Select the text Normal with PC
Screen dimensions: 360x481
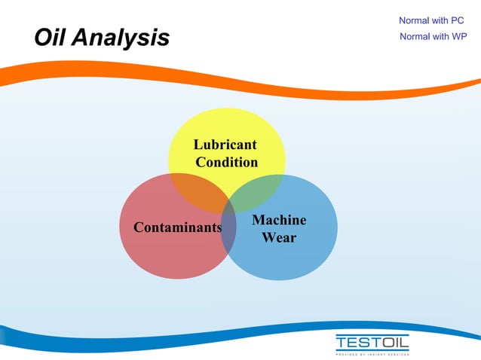[431, 20]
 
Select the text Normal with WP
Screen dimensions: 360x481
[433, 36]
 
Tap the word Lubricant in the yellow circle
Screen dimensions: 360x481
[225, 145]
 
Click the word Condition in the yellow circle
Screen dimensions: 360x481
[226, 162]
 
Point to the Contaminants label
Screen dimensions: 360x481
[177, 227]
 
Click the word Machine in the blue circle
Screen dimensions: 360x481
[279, 220]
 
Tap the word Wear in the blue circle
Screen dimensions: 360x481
[279, 238]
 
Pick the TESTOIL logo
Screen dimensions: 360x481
[372, 342]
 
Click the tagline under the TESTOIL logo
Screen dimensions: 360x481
[372, 352]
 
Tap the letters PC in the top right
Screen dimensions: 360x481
[457, 20]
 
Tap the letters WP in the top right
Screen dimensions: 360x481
[459, 36]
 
